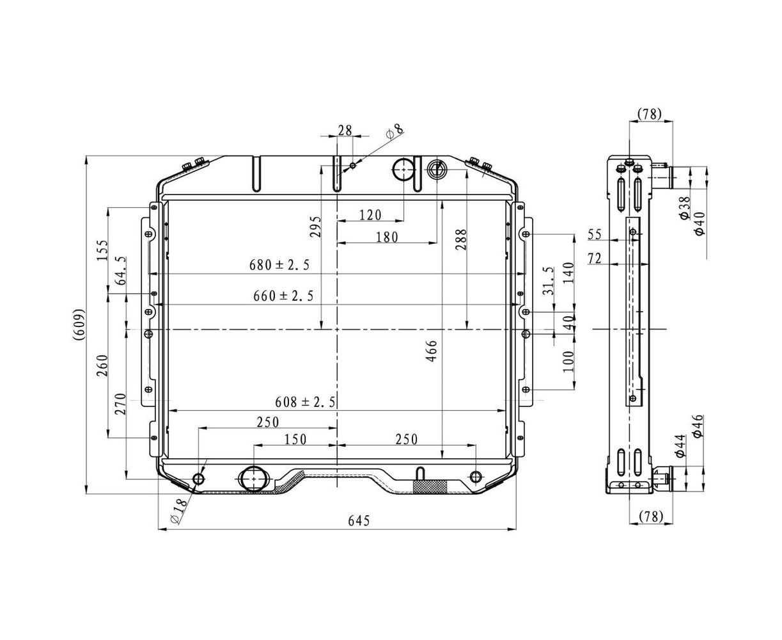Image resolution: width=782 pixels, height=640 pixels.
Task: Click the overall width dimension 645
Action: [x=359, y=521]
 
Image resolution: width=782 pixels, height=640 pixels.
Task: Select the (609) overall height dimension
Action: [x=79, y=324]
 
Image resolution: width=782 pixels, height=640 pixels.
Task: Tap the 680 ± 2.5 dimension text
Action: [x=279, y=265]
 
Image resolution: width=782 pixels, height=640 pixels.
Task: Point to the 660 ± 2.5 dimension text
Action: [x=283, y=296]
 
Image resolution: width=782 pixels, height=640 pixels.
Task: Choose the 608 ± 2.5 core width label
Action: [x=305, y=402]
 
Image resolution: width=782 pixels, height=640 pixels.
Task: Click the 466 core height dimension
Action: [x=432, y=351]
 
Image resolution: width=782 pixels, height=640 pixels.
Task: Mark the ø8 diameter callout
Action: [x=394, y=131]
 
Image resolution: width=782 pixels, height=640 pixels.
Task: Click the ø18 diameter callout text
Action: [x=179, y=511]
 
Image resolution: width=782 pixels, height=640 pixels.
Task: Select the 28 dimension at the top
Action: [x=345, y=131]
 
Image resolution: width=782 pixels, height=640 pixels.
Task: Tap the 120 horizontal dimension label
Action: [x=370, y=215]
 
